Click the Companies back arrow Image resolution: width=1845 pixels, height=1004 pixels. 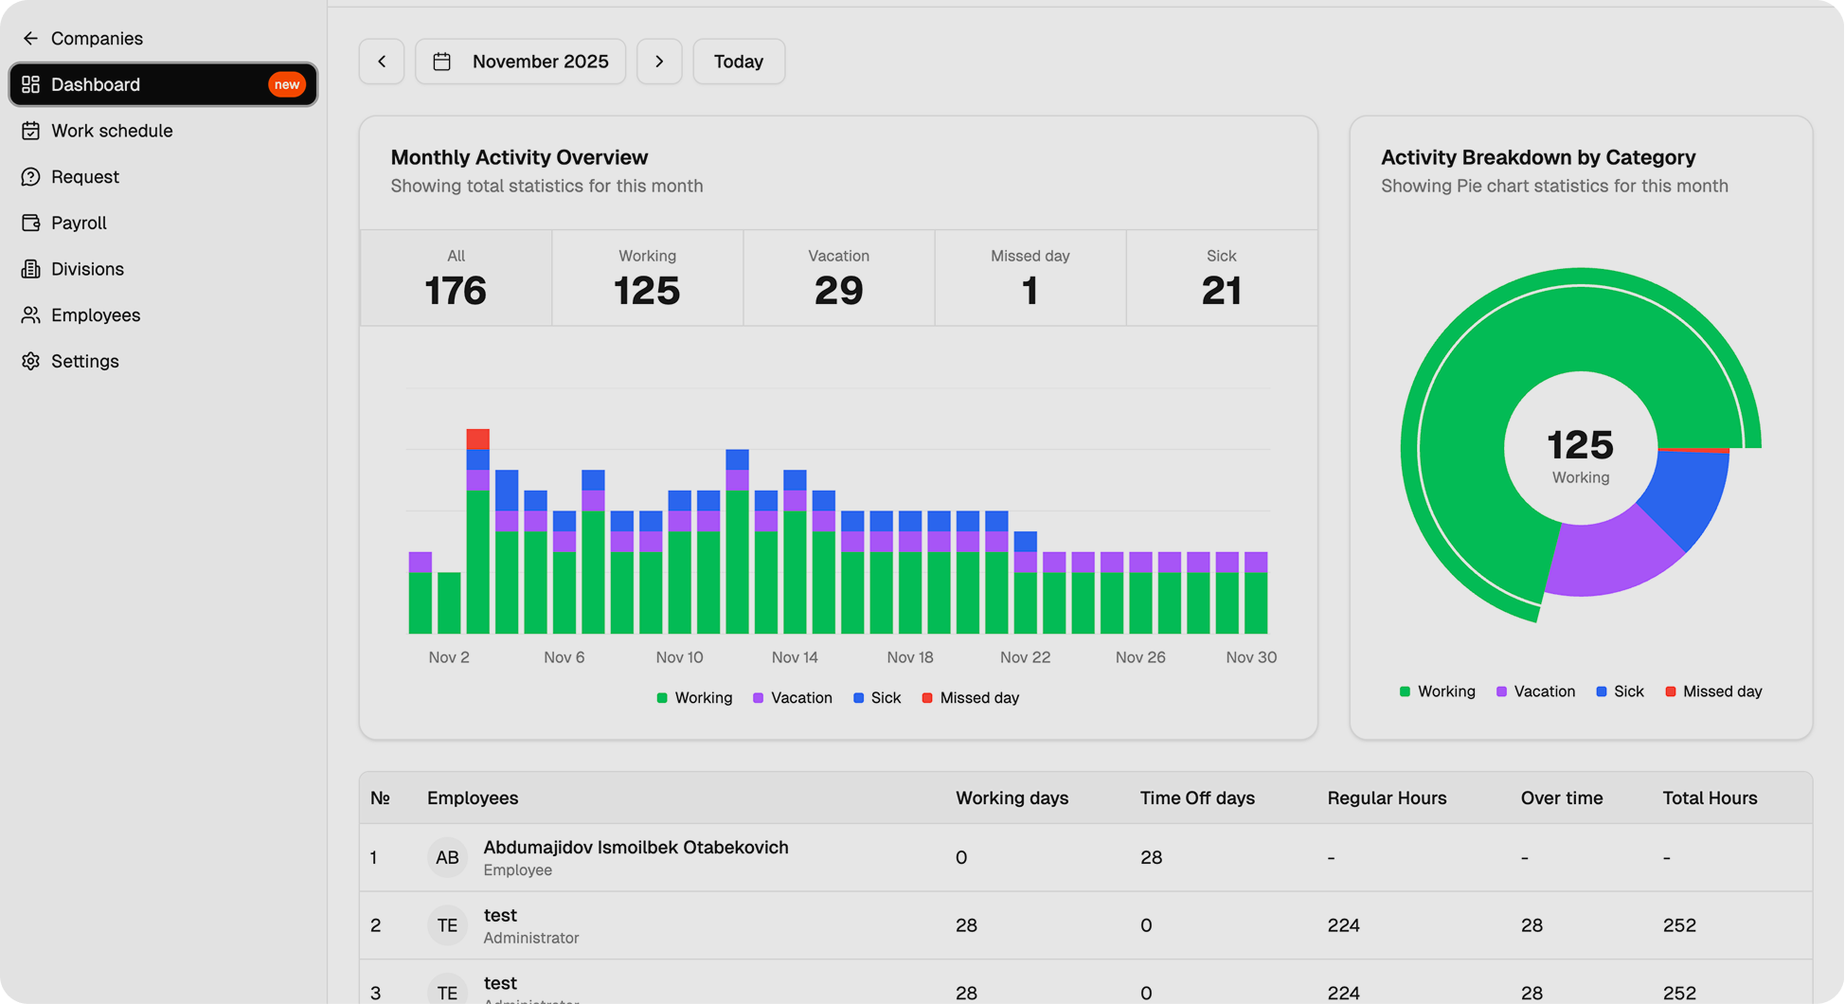(x=30, y=38)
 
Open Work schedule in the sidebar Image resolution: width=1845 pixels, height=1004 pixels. (x=111, y=131)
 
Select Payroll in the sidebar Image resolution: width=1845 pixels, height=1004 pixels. (x=78, y=223)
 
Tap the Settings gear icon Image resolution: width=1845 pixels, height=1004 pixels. (x=30, y=361)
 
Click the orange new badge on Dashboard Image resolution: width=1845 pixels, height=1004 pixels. (x=286, y=84)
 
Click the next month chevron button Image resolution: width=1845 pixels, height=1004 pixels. (x=659, y=62)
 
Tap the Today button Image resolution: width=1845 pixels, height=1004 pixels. (x=739, y=62)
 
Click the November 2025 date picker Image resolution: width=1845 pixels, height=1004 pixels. (x=521, y=62)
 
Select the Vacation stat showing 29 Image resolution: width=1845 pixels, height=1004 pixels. (x=838, y=278)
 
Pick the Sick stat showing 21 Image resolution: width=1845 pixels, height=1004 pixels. (x=1221, y=278)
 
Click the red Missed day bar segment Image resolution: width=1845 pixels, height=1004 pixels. (x=478, y=439)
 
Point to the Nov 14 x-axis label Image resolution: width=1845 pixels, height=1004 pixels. (x=794, y=657)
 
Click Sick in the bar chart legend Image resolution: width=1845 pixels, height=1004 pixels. (x=885, y=698)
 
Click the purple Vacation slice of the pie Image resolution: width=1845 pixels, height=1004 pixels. (x=1610, y=559)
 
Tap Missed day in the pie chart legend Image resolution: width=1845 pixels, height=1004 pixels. (x=1721, y=691)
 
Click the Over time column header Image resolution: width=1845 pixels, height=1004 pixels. (x=1561, y=798)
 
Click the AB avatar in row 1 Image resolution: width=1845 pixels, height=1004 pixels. (x=447, y=857)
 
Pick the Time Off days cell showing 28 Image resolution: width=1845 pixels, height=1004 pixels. (x=1151, y=857)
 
